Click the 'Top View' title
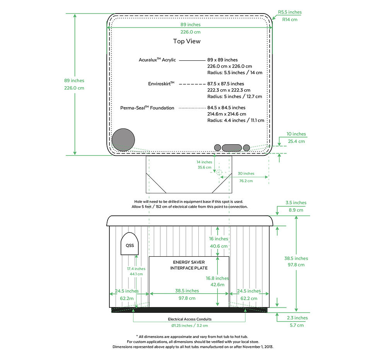pos(187,41)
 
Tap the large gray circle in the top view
pos(123,140)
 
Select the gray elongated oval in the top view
pos(232,147)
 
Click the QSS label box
pos(130,245)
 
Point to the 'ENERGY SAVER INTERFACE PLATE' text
pos(189,265)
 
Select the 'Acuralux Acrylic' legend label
pos(157,60)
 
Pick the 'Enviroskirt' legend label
pos(161,84)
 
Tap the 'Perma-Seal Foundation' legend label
pos(147,108)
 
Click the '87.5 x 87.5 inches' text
pos(226,84)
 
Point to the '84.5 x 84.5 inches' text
pos(226,107)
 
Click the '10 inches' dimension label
pos(296,134)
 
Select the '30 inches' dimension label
pos(246,174)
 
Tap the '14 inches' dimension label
pos(204,162)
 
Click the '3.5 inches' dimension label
pos(296,203)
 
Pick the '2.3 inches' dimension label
pos(297,318)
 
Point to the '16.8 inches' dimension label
pos(217,278)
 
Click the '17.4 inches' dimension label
pos(136,268)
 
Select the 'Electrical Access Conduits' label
pos(189,319)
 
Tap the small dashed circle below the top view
pos(219,172)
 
